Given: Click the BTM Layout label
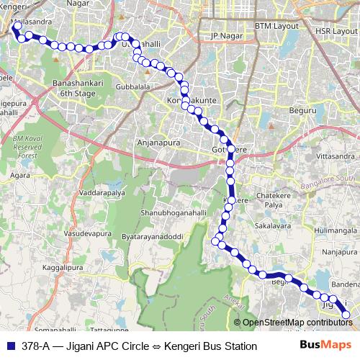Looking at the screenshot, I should pyautogui.click(x=276, y=25).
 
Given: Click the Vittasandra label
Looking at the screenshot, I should pyautogui.click(x=336, y=156).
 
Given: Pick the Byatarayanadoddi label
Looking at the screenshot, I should pyautogui.click(x=153, y=236).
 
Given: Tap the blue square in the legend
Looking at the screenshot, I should pyautogui.click(x=10, y=346).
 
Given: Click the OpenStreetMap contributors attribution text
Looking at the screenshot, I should pyautogui.click(x=297, y=323).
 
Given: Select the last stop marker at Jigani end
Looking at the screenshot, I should pyautogui.click(x=346, y=314).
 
